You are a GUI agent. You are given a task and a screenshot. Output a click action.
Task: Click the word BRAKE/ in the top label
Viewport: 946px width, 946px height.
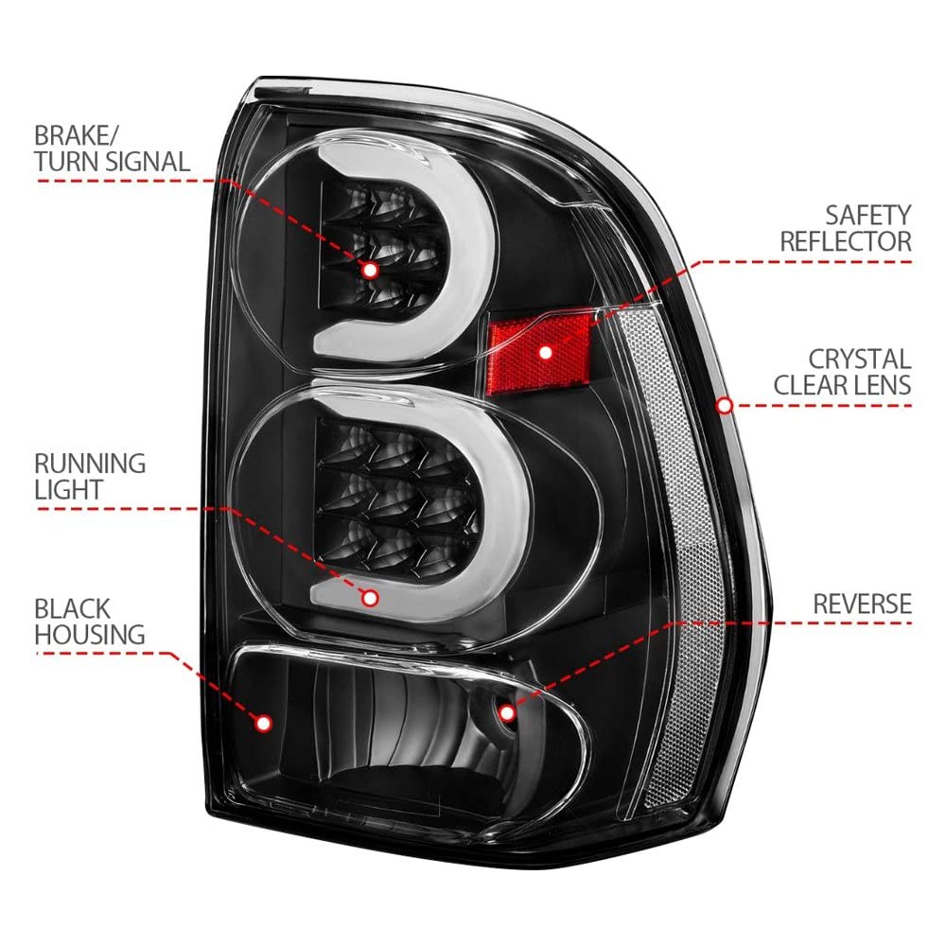[77, 136]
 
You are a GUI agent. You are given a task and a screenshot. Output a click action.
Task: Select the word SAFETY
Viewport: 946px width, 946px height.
[868, 216]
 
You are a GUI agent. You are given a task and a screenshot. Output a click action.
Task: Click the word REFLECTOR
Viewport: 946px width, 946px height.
[846, 241]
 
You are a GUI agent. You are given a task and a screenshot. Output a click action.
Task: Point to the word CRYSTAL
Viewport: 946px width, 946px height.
[860, 359]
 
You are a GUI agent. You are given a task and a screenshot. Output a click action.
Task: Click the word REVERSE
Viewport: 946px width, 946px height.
[862, 604]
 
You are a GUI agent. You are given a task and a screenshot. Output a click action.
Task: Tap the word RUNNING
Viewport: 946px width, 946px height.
[90, 464]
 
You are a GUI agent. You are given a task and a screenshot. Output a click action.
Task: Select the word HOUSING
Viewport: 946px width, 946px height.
[90, 635]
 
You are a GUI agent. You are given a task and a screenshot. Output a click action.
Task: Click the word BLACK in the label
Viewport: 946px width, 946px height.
[73, 608]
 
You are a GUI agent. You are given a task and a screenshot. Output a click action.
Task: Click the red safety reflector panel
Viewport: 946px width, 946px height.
[539, 350]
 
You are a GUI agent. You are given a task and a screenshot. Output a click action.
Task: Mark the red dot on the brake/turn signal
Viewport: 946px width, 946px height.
[371, 270]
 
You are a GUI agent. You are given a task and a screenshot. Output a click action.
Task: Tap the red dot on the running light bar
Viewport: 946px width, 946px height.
[370, 598]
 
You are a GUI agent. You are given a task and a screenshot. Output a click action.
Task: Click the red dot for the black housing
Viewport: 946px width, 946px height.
[264, 723]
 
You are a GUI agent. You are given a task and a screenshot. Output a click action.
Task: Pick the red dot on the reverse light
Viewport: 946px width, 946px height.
[507, 713]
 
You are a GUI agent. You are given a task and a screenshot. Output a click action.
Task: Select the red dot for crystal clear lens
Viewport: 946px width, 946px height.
[726, 406]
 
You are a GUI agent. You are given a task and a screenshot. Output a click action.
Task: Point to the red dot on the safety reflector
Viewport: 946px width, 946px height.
[546, 352]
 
